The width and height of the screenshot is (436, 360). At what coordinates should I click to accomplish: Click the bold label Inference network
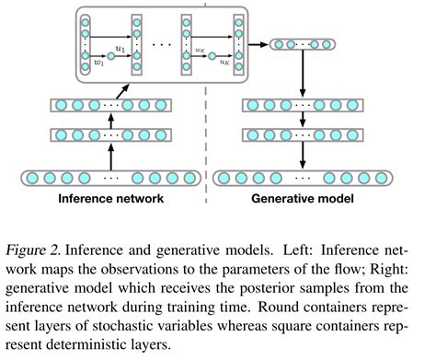coord(109,196)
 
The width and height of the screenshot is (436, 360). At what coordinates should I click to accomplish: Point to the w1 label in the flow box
coord(99,64)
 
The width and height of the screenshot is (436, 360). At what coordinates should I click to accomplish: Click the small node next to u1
coord(110,57)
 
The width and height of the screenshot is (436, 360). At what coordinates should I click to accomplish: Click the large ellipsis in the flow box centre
coord(163,43)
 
